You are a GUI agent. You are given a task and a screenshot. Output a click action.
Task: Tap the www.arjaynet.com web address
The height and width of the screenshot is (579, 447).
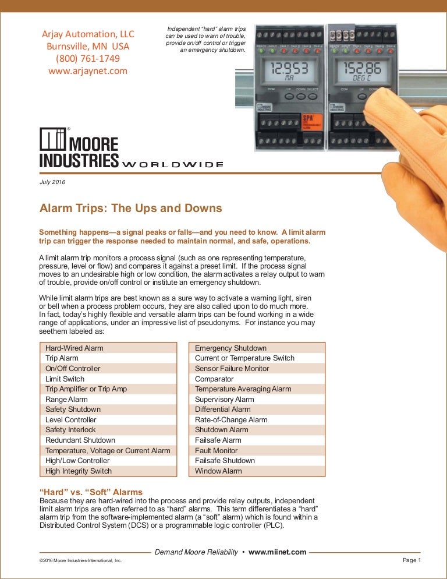[x=88, y=71]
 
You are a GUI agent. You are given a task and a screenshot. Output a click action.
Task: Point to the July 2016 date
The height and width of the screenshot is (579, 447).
[x=52, y=182]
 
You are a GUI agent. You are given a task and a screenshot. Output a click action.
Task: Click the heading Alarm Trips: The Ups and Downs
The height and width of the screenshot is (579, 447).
[x=130, y=209]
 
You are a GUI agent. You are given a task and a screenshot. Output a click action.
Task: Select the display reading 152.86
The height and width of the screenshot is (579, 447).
[x=361, y=69]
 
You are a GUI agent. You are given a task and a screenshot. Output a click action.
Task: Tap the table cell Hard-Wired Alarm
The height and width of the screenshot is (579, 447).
[x=74, y=348]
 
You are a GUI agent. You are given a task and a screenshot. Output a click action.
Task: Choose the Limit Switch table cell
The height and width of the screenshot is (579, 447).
[x=65, y=379]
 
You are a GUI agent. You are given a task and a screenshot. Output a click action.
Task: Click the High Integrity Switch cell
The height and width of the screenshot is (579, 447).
[x=79, y=471]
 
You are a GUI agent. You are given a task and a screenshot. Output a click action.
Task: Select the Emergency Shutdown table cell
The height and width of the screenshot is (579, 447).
[x=230, y=348]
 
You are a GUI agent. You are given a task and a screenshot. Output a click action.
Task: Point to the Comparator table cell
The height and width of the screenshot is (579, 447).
[x=214, y=379]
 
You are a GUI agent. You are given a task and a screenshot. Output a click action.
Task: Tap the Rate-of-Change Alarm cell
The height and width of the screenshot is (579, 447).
[x=231, y=419]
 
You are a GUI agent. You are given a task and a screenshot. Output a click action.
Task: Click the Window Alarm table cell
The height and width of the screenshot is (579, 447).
[x=218, y=471]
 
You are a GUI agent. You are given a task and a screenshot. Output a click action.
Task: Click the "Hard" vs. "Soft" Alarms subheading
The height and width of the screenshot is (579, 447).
[x=91, y=492]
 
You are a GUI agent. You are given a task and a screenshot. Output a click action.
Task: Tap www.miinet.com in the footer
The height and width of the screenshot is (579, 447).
[x=277, y=552]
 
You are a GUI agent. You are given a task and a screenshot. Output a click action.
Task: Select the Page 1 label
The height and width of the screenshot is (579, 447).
[x=410, y=560]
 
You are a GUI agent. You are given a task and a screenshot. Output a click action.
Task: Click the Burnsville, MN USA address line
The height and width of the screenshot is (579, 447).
[x=88, y=46]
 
